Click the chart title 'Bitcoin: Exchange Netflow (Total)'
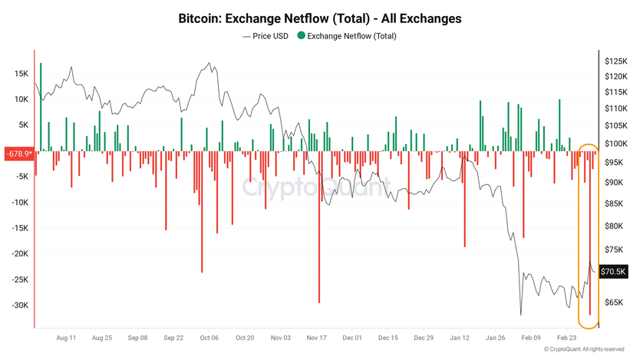click(319, 18)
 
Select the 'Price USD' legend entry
click(266, 35)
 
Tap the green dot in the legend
click(301, 35)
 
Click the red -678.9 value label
click(18, 154)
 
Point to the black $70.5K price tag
click(612, 271)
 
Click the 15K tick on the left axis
click(21, 74)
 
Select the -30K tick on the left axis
click(19, 306)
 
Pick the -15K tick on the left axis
click(19, 228)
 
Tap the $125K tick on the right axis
click(615, 61)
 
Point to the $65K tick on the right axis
click(614, 302)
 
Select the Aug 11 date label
click(67, 337)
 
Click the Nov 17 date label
click(317, 337)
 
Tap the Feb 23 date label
click(567, 337)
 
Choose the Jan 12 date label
click(460, 337)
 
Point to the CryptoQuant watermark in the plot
click(316, 187)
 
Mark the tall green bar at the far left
click(41, 107)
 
